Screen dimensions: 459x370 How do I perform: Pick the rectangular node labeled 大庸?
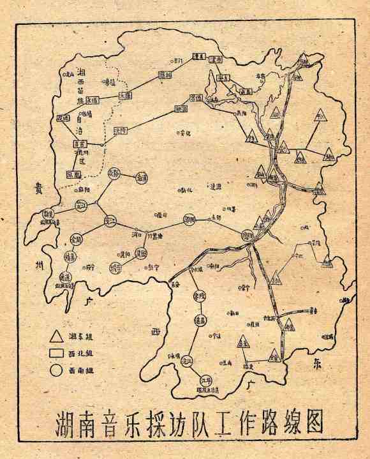point(126,94)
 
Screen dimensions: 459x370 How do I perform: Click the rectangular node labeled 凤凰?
point(73,174)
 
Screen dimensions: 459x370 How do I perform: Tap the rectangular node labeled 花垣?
point(63,119)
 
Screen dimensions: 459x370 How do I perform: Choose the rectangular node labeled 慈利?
point(165,75)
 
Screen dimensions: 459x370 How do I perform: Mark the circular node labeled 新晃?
point(47,214)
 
